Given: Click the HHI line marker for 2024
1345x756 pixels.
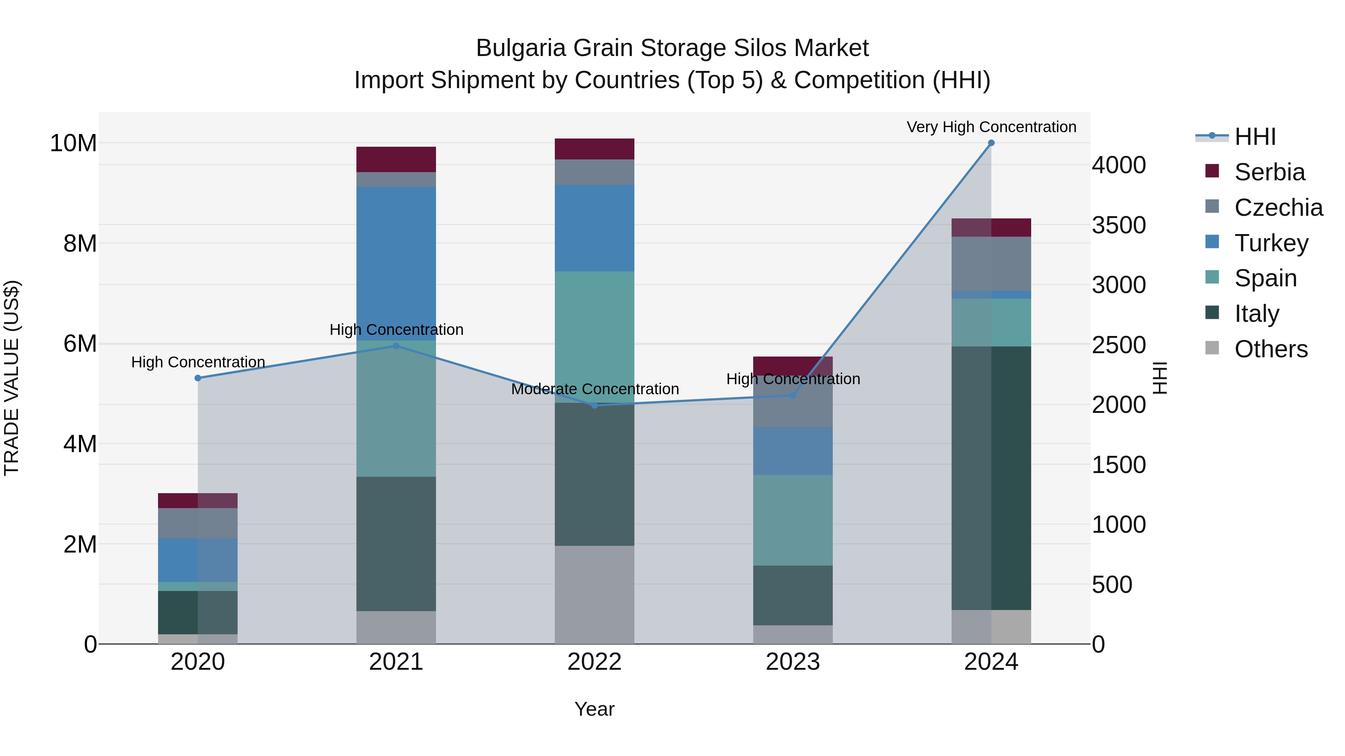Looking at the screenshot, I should (x=991, y=143).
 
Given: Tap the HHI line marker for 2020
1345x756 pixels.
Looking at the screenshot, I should (x=198, y=378).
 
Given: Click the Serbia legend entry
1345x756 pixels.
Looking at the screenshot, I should (x=1269, y=172).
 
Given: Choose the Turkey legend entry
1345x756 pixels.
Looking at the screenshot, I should (x=1271, y=243).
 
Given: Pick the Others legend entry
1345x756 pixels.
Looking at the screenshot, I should (x=1270, y=349).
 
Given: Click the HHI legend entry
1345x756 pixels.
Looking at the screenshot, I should (x=1255, y=137).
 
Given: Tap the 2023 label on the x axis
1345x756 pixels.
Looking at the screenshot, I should (x=792, y=662).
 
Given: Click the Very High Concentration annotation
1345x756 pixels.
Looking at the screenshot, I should (x=991, y=127).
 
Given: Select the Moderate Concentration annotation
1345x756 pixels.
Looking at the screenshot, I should (x=595, y=389).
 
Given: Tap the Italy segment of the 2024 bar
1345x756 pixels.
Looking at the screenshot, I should (x=991, y=477).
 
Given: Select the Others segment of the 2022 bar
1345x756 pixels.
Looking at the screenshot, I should (x=594, y=595).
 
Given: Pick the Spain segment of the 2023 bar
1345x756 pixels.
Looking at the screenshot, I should (x=792, y=520).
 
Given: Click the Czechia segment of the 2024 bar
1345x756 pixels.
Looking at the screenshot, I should (x=991, y=264).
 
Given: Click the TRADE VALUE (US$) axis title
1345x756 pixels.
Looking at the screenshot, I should (x=12, y=378).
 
